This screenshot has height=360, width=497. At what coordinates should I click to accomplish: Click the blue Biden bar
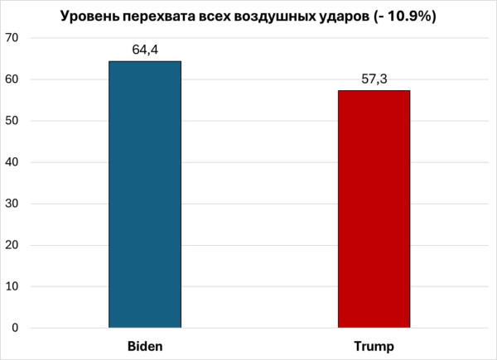click(144, 194)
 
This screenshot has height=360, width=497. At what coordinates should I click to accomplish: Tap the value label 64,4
click(145, 50)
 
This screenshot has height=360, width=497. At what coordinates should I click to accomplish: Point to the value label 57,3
click(374, 79)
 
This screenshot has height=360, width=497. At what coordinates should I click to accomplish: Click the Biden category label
click(145, 344)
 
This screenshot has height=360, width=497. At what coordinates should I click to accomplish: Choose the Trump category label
click(374, 344)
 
